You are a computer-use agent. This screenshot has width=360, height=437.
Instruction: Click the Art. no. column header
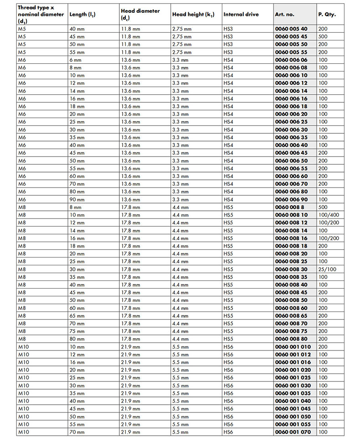click(285, 15)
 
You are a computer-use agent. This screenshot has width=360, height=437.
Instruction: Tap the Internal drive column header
click(241, 15)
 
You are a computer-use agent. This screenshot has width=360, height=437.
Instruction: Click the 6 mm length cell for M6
click(75, 60)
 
